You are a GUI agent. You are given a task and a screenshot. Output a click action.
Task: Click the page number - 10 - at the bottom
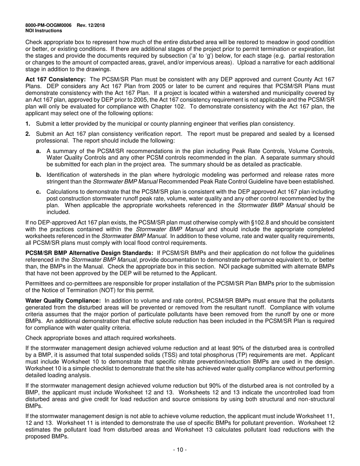(x=180, y=450)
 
